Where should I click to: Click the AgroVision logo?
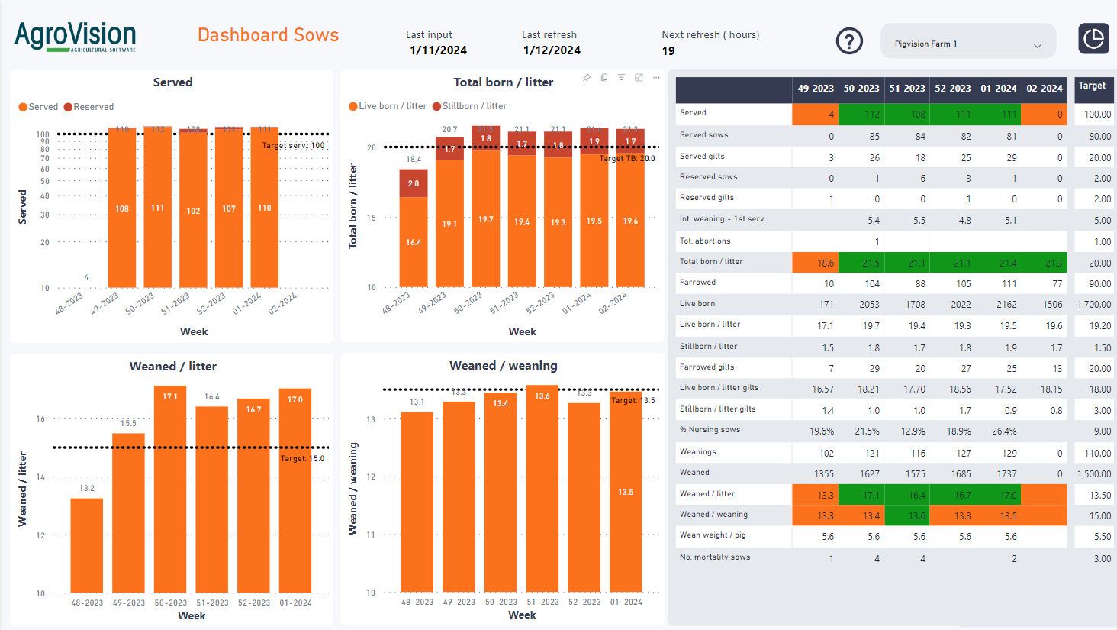pos(75,37)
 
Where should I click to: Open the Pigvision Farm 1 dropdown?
pos(967,44)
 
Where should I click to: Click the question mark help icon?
pos(849,40)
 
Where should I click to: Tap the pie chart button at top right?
pos(1093,38)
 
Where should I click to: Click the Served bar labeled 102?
pos(193,211)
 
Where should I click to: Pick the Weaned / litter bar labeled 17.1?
pos(170,489)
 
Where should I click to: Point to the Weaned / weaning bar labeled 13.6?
pos(542,489)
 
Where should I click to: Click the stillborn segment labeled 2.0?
pos(414,183)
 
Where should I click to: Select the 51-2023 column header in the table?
pos(907,89)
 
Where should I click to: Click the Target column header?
pos(1091,86)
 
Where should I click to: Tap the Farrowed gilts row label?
pos(707,367)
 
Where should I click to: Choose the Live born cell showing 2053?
pos(869,305)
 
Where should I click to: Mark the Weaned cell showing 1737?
pos(1006,474)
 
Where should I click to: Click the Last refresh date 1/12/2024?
pos(552,50)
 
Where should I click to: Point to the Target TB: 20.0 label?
pos(627,159)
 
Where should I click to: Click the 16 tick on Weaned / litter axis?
pos(40,419)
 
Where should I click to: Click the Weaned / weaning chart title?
pos(503,366)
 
